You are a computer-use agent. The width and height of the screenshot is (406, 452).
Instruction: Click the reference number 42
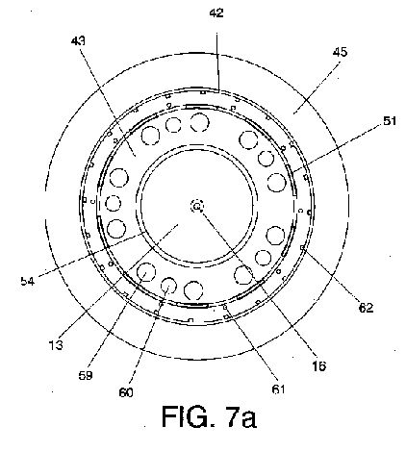point(216,13)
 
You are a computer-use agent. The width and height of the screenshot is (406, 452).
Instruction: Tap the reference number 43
point(78,41)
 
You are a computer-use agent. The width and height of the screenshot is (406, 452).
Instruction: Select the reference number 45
point(340,52)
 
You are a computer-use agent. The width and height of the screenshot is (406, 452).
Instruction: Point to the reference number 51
point(389,121)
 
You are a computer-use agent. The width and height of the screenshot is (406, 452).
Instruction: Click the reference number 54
point(28,281)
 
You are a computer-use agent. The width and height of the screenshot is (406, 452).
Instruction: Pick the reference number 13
point(56,345)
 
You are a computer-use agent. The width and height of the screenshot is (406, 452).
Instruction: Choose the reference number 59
point(86,375)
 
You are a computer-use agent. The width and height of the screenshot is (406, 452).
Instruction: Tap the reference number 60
point(126,392)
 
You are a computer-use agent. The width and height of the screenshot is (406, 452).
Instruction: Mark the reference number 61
point(278,389)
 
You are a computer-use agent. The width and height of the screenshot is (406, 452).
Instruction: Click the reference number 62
point(366,308)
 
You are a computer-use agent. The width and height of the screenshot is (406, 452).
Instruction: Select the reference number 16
point(319,366)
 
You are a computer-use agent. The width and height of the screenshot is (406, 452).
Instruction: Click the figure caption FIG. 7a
point(209,416)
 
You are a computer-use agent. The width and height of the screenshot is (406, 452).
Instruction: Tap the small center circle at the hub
point(197,207)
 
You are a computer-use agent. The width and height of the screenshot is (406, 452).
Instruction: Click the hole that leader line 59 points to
point(146,272)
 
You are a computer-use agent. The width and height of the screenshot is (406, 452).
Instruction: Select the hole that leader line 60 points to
point(168,286)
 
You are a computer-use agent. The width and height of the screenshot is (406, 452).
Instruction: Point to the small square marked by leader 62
point(302,247)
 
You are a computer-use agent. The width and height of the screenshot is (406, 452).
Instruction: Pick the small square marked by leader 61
point(225,307)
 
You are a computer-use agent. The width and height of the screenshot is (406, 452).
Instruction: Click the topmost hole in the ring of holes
point(199,122)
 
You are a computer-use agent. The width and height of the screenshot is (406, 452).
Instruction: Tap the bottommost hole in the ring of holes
point(193,290)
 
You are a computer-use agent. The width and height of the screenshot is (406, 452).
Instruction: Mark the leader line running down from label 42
point(217,63)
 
